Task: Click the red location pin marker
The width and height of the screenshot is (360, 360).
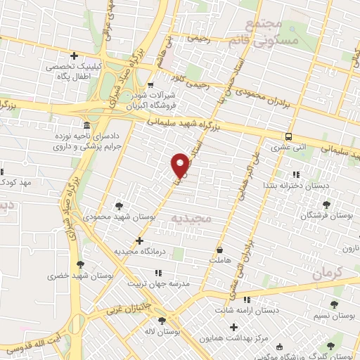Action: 180,166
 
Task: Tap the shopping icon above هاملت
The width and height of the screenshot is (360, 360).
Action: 220,250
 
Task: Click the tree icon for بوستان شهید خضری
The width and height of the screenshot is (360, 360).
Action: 79,265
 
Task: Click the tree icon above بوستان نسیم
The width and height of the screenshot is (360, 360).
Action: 333,304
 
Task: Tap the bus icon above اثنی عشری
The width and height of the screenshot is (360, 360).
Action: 289,137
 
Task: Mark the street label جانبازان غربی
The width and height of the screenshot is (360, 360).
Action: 138,304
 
